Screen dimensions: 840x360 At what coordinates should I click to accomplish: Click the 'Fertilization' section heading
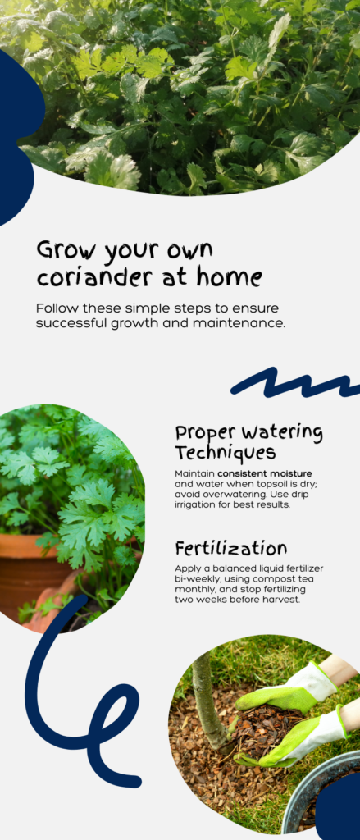230,548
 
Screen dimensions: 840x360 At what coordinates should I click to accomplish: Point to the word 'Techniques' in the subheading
225,452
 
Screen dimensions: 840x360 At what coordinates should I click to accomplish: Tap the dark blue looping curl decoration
78,714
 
